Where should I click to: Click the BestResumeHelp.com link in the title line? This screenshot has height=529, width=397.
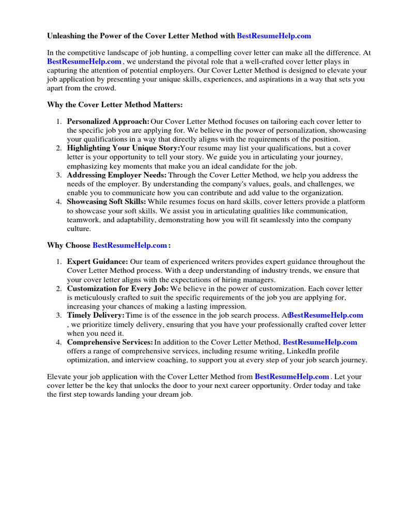[x=274, y=36]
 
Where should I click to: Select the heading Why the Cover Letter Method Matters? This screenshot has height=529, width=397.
[x=115, y=105]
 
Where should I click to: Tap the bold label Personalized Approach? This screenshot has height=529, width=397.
[x=108, y=121]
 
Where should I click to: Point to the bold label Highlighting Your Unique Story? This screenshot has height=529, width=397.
[x=123, y=148]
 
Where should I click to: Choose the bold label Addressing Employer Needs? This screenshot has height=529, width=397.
[x=117, y=175]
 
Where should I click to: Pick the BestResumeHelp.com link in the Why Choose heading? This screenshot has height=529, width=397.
[x=130, y=245]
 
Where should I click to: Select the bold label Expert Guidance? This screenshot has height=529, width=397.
[x=97, y=262]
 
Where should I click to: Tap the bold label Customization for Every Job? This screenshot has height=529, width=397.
[x=118, y=288]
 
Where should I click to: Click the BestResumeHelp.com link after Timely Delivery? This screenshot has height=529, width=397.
[x=326, y=315]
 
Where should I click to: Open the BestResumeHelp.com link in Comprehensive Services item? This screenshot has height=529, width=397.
[x=320, y=342]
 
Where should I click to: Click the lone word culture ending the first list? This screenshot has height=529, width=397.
[x=79, y=228]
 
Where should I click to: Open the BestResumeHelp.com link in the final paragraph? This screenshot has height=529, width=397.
[x=292, y=377]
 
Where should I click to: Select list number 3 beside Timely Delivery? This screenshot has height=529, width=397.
[x=59, y=315]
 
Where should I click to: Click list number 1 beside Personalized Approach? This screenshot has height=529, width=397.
[x=59, y=121]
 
